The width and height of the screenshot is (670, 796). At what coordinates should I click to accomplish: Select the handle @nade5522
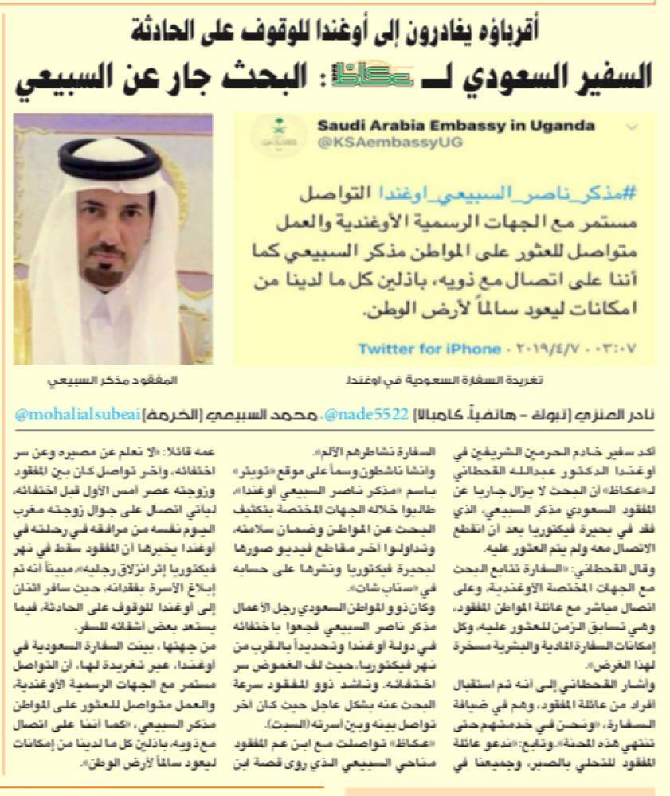click(x=371, y=415)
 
